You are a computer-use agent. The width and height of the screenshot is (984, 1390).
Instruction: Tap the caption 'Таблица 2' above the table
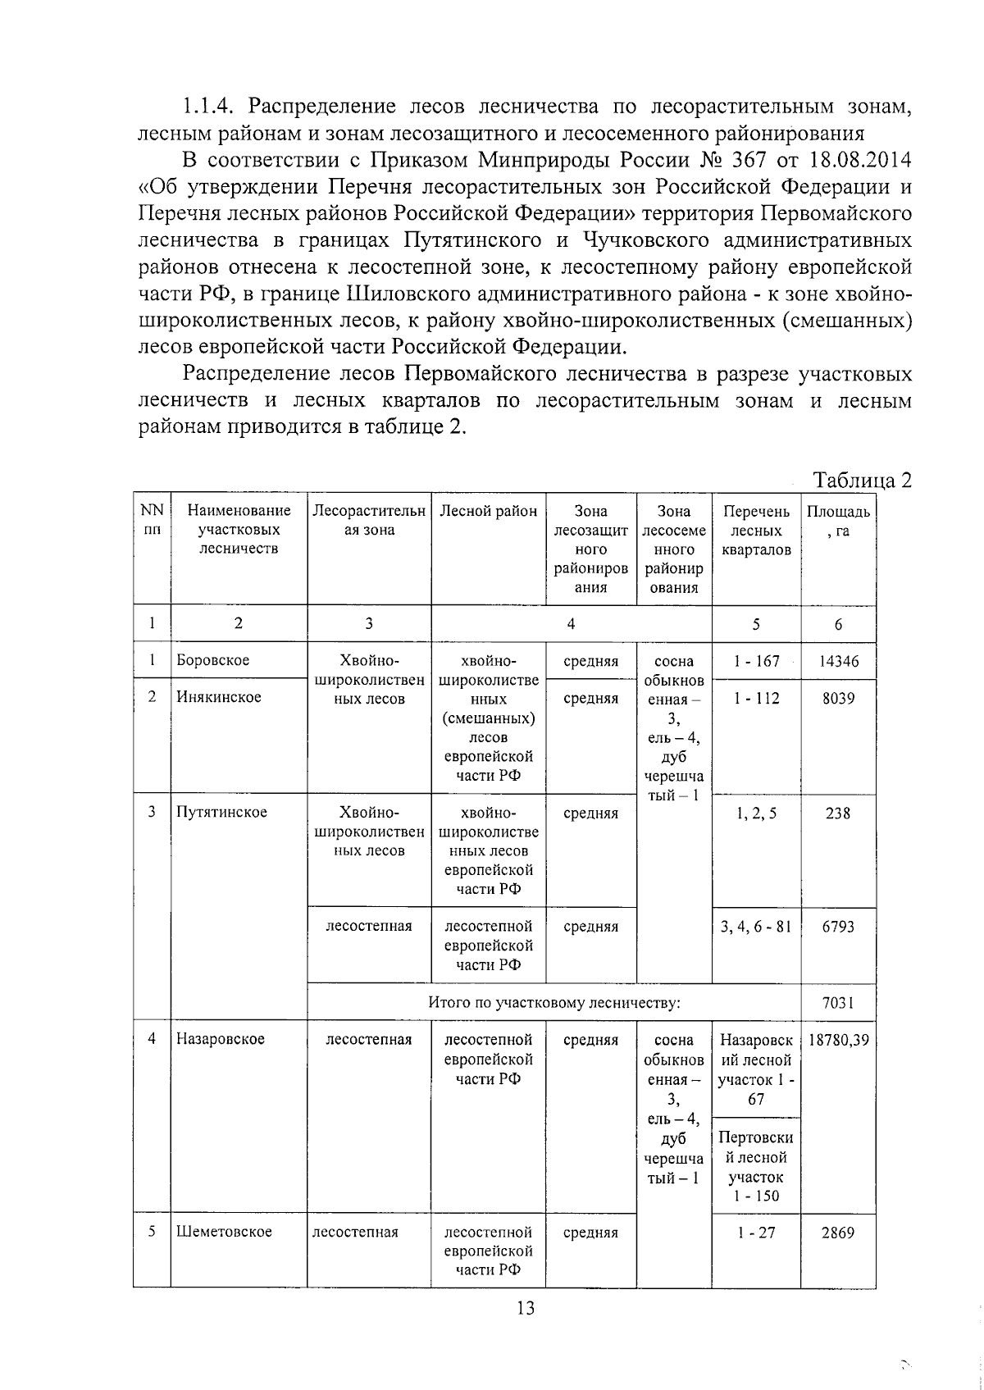(x=861, y=480)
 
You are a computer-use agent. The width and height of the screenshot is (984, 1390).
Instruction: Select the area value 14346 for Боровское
(x=838, y=661)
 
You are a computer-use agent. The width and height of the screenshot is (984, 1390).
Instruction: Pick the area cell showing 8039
(x=838, y=698)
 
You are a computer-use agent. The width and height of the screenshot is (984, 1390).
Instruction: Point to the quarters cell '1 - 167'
(x=756, y=661)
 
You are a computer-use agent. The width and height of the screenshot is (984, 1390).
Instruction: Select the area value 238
(x=838, y=813)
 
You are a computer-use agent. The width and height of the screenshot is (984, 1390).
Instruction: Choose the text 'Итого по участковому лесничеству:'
(x=554, y=1002)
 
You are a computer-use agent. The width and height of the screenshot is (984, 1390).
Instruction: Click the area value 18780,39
(x=838, y=1040)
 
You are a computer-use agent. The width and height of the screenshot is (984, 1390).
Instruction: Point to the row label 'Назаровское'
(x=221, y=1039)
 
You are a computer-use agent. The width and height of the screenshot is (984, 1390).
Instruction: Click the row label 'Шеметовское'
(x=224, y=1232)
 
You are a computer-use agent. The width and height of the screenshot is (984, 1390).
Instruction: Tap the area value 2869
(x=838, y=1233)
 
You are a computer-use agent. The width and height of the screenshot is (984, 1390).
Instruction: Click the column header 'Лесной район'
(x=488, y=511)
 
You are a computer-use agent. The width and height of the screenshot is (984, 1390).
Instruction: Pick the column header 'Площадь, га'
(x=838, y=520)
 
